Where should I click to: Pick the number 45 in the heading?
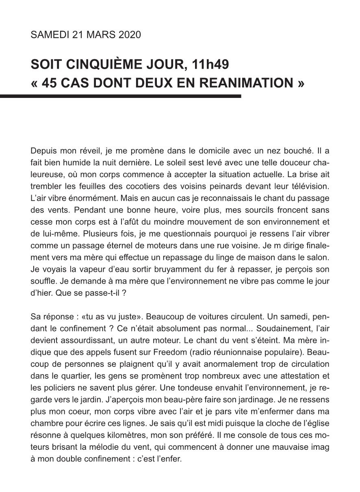(48, 83)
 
